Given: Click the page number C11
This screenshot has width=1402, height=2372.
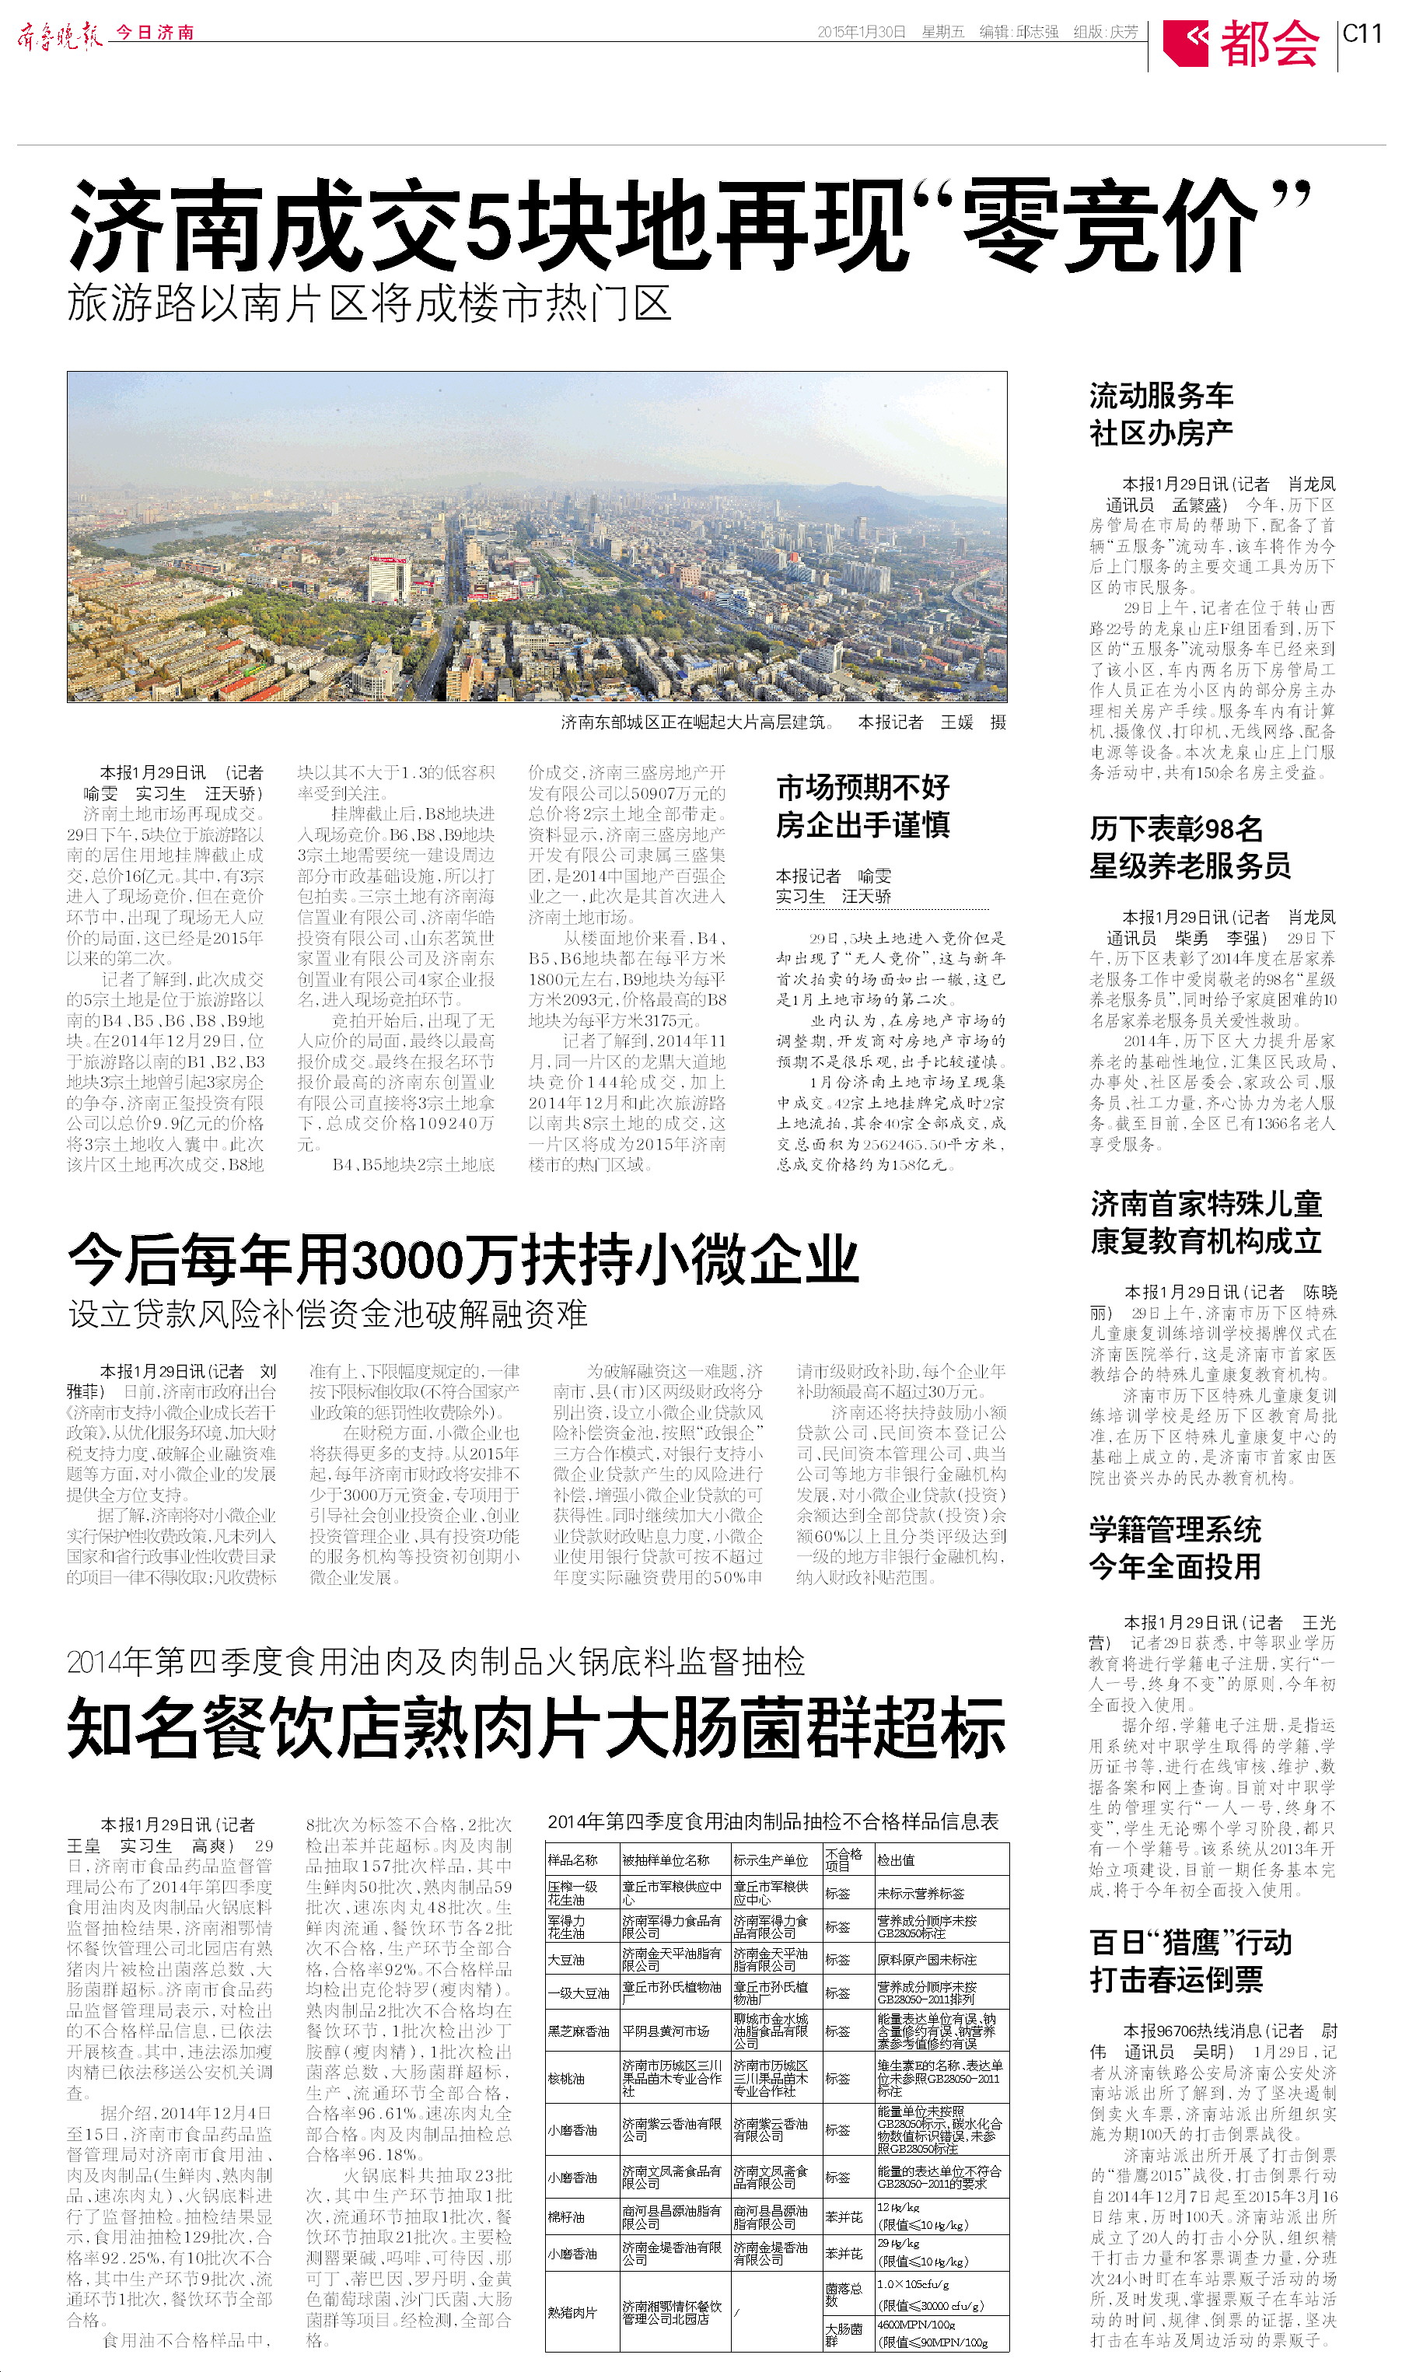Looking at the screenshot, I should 1362,34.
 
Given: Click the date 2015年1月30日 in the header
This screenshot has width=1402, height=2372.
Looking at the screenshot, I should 861,32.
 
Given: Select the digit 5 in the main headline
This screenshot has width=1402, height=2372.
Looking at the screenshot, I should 489,225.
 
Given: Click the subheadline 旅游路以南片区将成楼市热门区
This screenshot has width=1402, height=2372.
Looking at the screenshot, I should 369,304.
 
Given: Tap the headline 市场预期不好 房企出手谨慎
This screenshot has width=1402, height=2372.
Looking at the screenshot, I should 862,806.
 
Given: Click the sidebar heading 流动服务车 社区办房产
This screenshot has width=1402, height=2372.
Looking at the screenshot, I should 1161,414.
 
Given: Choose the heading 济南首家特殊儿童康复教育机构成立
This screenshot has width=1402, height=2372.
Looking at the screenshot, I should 1205,1222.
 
